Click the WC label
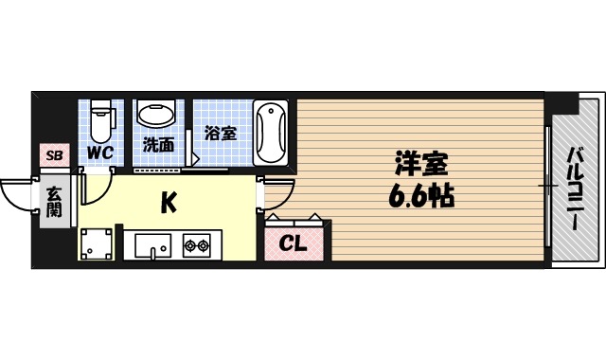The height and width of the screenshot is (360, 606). pyautogui.click(x=99, y=152)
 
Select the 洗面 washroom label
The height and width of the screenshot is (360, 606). pyautogui.click(x=158, y=146)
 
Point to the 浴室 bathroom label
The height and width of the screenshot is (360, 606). pyautogui.click(x=221, y=134)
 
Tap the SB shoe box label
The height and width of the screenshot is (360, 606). pyautogui.click(x=53, y=154)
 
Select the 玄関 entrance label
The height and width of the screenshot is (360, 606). pyautogui.click(x=54, y=200)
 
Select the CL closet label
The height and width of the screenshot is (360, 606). pyautogui.click(x=294, y=243)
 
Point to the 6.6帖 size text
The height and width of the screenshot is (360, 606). pyautogui.click(x=420, y=197)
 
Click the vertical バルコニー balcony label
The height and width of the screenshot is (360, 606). pyautogui.click(x=575, y=188)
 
